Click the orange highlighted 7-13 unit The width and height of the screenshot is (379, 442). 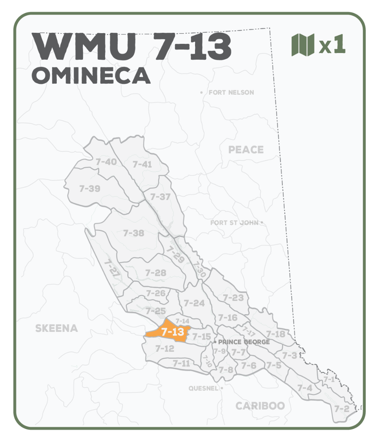[x=172, y=331]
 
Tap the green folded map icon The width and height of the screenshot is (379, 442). [x=303, y=45]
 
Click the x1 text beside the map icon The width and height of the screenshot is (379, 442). [x=332, y=45]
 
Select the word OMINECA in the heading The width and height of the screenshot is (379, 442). [x=91, y=75]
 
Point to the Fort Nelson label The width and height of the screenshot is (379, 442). [x=231, y=92]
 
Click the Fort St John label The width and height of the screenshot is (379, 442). [x=234, y=223]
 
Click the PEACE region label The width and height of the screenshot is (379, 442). [x=246, y=150]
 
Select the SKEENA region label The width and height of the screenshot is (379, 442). [x=56, y=329]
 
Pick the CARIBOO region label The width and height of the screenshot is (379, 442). [x=260, y=406]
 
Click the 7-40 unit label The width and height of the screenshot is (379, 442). [x=106, y=162]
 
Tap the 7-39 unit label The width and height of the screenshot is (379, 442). [x=90, y=189]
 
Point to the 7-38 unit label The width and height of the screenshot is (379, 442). [x=133, y=233]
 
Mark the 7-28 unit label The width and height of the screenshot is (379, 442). [x=156, y=273]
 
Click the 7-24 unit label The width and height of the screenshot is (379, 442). [x=194, y=303]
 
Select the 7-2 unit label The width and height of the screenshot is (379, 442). [x=341, y=408]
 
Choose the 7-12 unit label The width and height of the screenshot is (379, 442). [x=164, y=348]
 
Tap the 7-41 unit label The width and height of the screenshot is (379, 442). [x=142, y=164]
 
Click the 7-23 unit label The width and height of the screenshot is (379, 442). [x=233, y=298]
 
